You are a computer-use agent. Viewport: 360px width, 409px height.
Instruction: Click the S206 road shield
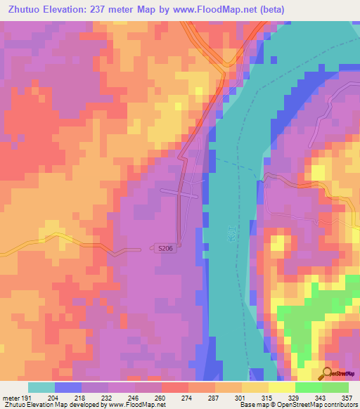click(x=163, y=248)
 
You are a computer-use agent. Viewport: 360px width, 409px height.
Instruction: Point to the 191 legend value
click(x=27, y=397)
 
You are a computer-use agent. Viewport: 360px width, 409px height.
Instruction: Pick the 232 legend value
click(x=108, y=397)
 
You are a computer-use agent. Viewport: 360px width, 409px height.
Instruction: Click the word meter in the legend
click(x=10, y=397)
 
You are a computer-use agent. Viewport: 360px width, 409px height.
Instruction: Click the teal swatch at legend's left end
click(x=41, y=387)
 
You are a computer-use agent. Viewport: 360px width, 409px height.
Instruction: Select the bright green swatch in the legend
click(x=309, y=387)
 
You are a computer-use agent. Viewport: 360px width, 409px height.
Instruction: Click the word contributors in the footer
click(x=336, y=405)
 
